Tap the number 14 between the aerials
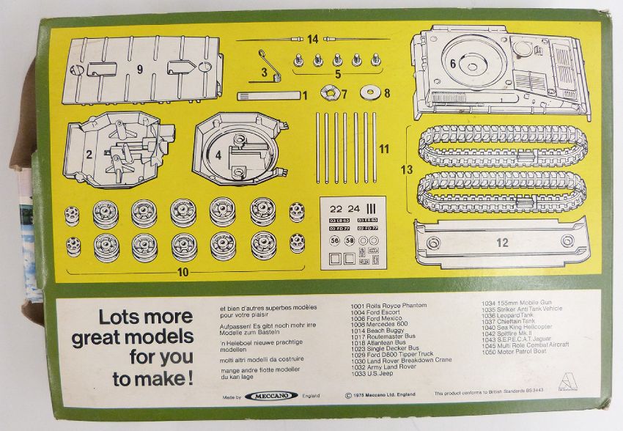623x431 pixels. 313,39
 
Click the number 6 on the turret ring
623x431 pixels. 453,65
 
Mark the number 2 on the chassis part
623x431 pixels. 88,154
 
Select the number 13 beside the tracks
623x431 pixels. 407,169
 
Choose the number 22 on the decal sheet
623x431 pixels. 336,207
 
